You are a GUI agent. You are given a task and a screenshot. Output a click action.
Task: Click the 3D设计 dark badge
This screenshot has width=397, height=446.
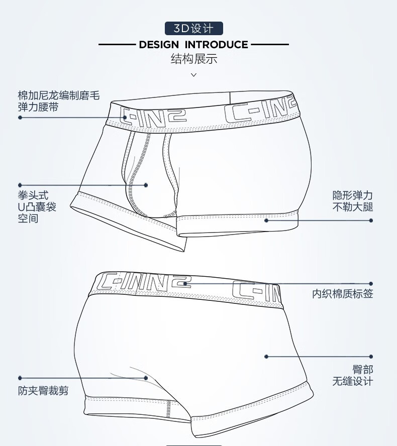(194, 29)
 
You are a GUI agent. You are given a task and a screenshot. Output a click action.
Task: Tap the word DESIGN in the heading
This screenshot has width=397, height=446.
(159, 45)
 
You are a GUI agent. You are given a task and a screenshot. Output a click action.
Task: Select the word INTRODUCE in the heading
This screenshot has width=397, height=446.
(216, 45)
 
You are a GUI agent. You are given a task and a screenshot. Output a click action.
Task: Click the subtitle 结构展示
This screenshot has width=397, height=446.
(194, 59)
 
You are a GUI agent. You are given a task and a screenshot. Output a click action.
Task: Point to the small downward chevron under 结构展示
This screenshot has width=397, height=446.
(194, 75)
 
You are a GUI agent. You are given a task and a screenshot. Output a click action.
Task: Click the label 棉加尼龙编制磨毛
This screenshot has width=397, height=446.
(59, 95)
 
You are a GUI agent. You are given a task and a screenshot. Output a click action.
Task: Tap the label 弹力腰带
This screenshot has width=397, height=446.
(38, 107)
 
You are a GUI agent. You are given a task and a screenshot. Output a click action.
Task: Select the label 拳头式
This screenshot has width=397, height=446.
(33, 195)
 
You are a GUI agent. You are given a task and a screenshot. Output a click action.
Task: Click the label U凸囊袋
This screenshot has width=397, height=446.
(37, 207)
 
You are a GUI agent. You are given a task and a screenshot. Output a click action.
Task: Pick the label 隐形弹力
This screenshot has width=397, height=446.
(353, 195)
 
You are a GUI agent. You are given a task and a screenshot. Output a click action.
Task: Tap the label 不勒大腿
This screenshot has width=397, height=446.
(353, 207)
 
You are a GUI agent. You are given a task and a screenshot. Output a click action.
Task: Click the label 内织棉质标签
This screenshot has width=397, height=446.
(342, 293)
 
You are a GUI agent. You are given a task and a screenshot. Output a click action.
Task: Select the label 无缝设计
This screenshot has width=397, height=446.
(353, 381)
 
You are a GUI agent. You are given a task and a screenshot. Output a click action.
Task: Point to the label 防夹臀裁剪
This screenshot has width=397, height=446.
(43, 391)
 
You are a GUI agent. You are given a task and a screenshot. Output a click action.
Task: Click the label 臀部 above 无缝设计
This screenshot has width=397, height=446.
(363, 370)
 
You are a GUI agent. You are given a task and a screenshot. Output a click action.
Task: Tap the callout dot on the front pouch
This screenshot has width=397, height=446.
(146, 185)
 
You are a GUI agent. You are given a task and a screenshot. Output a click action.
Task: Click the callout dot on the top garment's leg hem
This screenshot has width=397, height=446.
(266, 220)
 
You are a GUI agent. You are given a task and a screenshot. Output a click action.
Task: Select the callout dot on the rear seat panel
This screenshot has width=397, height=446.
(266, 357)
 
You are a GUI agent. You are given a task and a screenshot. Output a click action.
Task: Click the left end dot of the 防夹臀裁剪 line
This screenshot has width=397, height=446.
(20, 378)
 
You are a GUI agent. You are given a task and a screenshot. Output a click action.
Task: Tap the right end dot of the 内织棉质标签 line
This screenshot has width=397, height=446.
(371, 284)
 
